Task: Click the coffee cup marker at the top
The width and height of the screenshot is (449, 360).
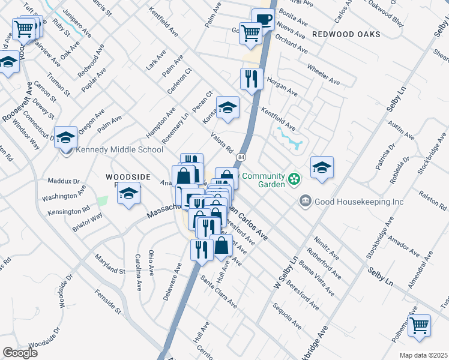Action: pos(263,19)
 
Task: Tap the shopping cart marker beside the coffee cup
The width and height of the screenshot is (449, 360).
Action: pos(250,33)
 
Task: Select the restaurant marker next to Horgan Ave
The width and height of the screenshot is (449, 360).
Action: pos(252,78)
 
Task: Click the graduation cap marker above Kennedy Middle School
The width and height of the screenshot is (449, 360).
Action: pos(66,136)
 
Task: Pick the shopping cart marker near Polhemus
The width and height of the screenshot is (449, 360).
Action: pos(419,325)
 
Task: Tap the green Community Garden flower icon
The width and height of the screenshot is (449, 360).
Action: pos(294,178)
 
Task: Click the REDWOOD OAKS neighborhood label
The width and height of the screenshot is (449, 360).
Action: pos(346,34)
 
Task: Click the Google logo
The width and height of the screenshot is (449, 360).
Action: pos(20,352)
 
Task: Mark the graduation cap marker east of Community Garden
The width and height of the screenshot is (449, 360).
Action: pos(322,167)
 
